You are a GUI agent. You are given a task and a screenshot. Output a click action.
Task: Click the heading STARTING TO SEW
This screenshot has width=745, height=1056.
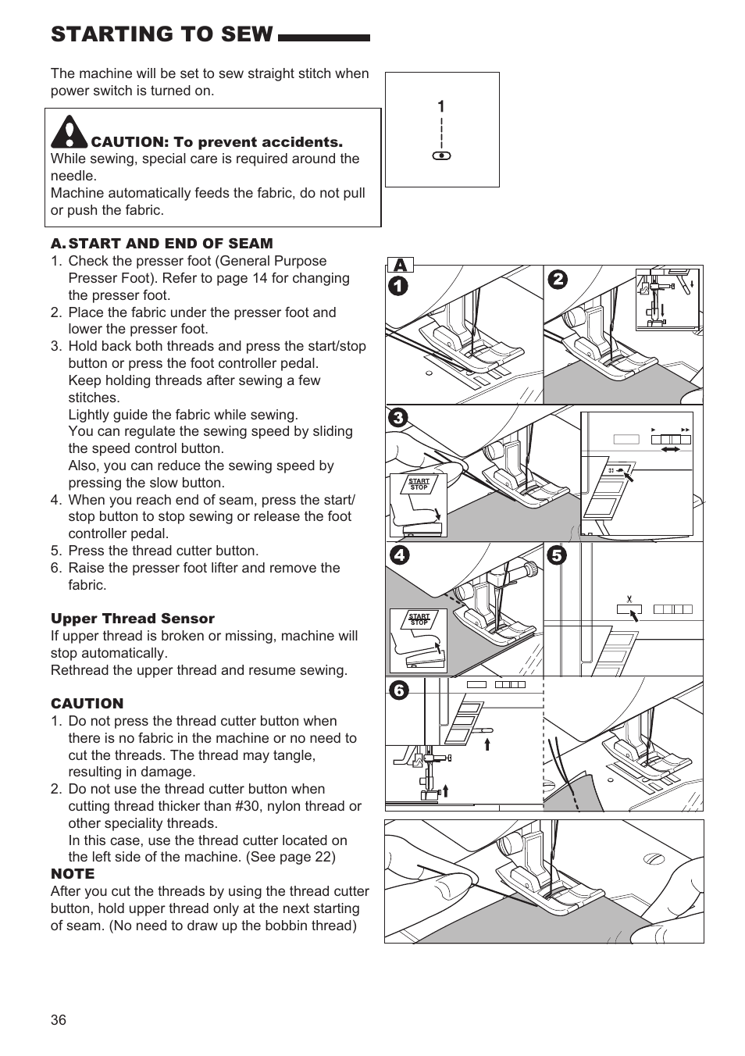click(162, 34)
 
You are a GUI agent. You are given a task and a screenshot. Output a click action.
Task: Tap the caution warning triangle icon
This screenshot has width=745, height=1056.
click(69, 132)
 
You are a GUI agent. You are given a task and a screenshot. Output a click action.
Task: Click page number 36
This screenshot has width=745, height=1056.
click(59, 1020)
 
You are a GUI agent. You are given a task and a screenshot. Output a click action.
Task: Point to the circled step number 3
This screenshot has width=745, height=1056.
click(398, 419)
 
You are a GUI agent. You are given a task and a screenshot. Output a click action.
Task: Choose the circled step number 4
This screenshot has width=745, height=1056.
click(398, 556)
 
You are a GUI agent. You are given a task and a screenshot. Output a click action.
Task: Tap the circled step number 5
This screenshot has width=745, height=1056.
click(557, 556)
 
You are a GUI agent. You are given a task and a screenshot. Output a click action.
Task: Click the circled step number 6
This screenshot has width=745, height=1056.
click(398, 690)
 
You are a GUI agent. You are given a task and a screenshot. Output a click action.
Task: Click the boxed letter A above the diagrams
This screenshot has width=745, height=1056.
click(399, 266)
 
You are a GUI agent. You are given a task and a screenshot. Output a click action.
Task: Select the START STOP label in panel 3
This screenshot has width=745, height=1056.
click(419, 484)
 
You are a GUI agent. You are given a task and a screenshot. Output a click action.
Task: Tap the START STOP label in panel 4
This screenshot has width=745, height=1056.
click(419, 620)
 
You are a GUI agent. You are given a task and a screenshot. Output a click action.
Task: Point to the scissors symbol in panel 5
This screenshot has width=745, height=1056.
click(629, 600)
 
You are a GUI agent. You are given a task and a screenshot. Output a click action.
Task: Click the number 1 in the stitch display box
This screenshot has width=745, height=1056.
click(441, 107)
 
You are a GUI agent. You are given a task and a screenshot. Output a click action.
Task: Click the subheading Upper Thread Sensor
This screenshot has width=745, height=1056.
click(133, 619)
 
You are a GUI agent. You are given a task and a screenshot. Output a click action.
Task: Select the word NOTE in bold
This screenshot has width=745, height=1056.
click(73, 874)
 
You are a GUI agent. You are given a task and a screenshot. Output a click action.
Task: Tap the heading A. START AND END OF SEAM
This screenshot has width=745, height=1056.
click(162, 244)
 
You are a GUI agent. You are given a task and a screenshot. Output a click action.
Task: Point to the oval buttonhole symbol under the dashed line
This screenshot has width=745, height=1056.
click(442, 156)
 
